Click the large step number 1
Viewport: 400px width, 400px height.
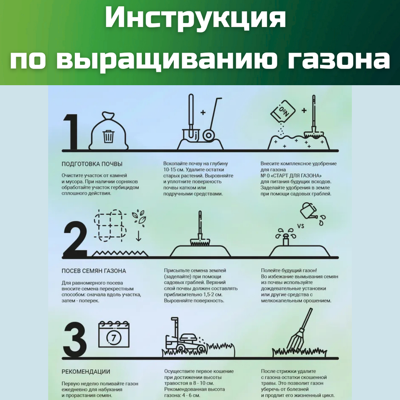tap(74, 132)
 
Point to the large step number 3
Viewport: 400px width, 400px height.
tap(75, 340)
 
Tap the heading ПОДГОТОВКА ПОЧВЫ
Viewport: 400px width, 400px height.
tap(92, 164)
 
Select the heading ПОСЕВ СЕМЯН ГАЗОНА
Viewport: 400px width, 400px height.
tap(94, 271)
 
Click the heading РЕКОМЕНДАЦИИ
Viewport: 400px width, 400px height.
tap(86, 372)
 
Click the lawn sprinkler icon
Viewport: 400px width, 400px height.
tap(285, 236)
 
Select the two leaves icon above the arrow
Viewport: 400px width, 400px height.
tap(139, 216)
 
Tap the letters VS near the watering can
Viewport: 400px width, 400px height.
tap(301, 226)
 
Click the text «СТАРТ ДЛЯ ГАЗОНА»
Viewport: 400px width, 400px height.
tap(296, 176)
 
